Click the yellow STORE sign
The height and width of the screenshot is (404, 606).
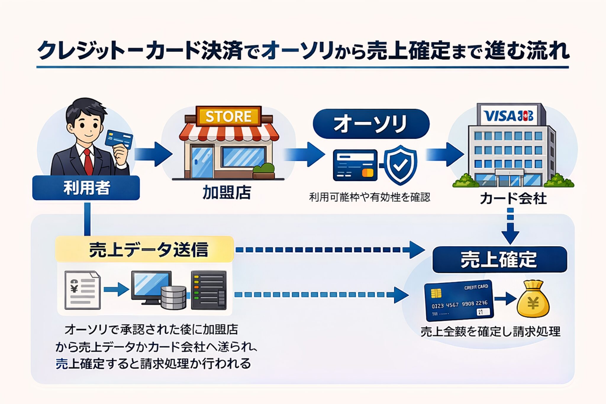tap(228, 116)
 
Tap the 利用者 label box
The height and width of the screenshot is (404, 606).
tap(86, 188)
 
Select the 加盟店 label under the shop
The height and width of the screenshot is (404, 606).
tap(227, 193)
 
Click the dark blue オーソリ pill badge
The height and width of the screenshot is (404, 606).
tap(371, 124)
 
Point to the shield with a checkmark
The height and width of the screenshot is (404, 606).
tap(400, 165)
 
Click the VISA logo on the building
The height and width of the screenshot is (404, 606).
tap(499, 116)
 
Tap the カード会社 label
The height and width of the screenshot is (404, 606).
tap(513, 198)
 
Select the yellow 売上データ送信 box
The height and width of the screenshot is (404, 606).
tap(144, 249)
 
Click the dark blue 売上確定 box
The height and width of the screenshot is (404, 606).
tap(499, 260)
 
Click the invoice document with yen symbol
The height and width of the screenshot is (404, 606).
tap(83, 290)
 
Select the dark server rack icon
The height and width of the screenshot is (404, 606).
tap(209, 290)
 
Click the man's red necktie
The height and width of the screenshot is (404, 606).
tap(88, 162)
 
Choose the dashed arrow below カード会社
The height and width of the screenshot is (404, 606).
tap(510, 226)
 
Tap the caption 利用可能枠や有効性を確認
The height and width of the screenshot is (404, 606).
tap(370, 197)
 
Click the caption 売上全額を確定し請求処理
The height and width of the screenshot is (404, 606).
tap(490, 331)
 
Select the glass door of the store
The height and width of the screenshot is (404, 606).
tap(202, 162)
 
